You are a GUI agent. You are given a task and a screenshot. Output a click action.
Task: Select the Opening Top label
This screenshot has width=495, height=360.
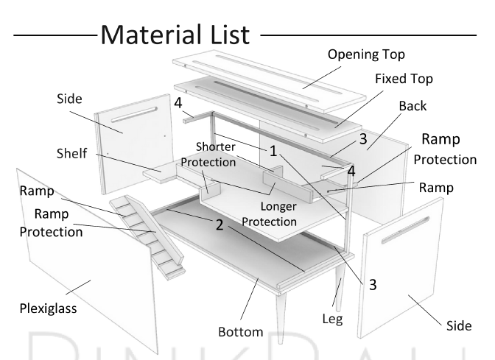pyautogui.click(x=366, y=54)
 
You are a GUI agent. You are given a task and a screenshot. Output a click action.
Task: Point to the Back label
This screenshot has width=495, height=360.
pyautogui.click(x=412, y=105)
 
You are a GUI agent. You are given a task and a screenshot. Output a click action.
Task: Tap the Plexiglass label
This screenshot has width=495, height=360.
pyautogui.click(x=48, y=308)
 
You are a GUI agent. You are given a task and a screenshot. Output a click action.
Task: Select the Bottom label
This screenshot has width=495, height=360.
pyautogui.click(x=240, y=332)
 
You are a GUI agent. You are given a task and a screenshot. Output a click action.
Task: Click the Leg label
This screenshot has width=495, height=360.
pyautogui.click(x=332, y=320)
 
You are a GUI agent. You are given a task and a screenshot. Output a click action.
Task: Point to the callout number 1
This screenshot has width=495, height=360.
pyautogui.click(x=273, y=151)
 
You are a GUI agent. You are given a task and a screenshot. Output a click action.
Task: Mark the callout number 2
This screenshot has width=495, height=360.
pyautogui.click(x=219, y=225)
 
